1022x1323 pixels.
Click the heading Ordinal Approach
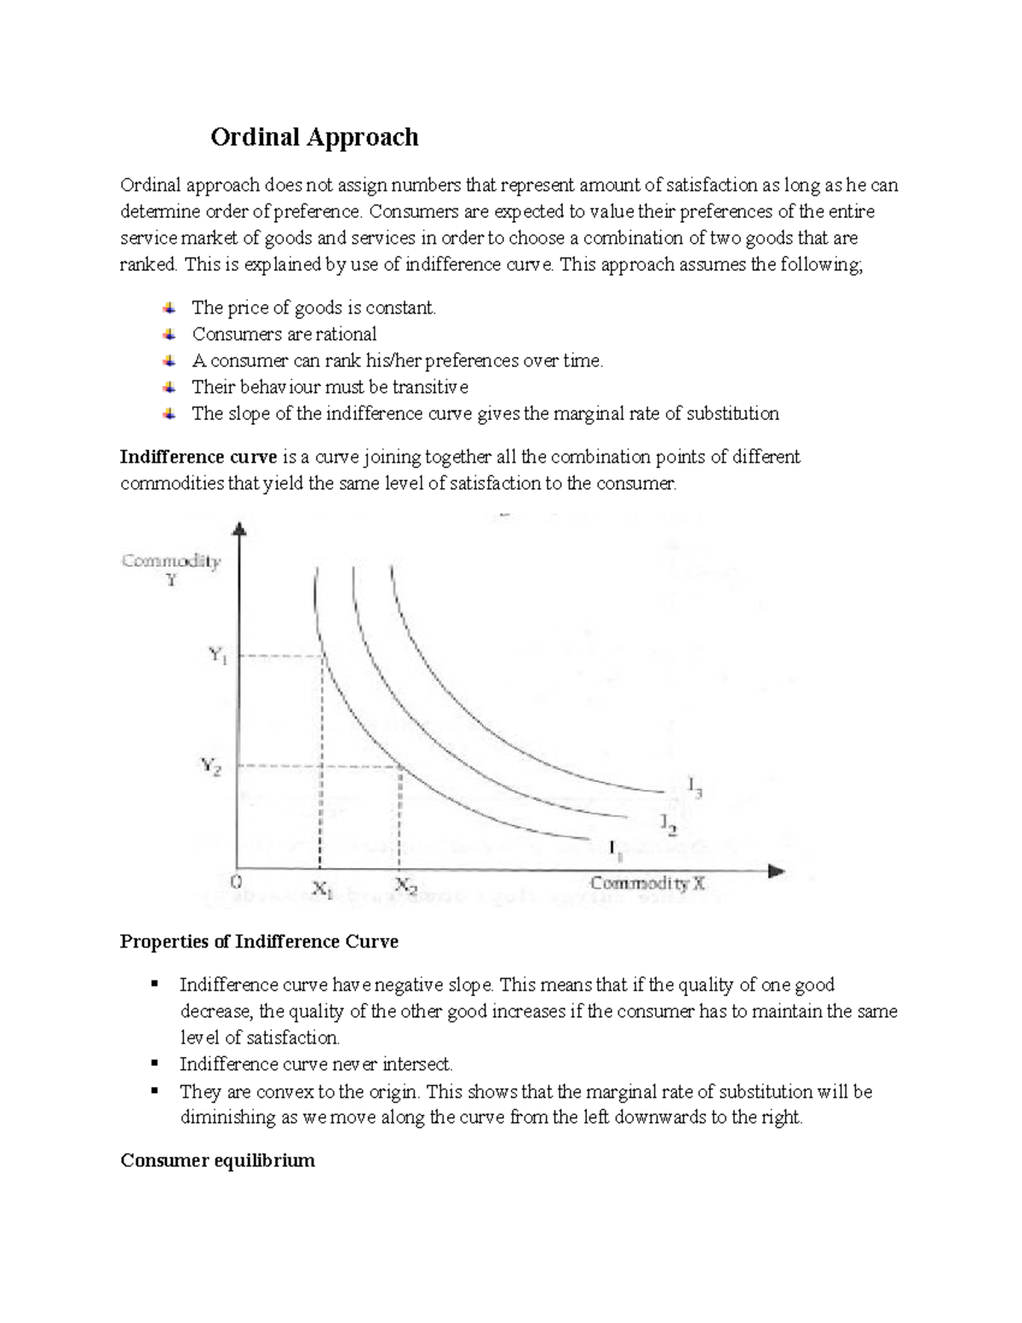point(314,137)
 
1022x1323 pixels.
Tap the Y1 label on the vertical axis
point(218,655)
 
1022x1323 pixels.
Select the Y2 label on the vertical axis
point(211,766)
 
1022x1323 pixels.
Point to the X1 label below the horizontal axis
point(321,889)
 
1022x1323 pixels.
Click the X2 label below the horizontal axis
point(405,887)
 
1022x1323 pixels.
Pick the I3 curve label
point(694,787)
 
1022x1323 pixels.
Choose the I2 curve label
point(669,823)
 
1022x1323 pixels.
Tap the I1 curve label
point(615,849)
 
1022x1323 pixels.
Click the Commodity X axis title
point(647,883)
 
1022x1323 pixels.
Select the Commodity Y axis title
point(171,569)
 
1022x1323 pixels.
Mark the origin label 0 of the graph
point(237,881)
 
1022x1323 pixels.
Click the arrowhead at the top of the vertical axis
point(240,529)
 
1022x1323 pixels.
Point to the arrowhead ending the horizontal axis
point(775,871)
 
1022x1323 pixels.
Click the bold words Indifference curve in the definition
point(198,457)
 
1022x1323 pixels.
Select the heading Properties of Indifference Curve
point(259,941)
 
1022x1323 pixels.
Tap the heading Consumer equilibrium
point(217,1160)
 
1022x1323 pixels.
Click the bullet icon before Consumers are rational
point(169,334)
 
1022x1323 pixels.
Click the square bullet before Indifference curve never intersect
point(154,1063)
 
